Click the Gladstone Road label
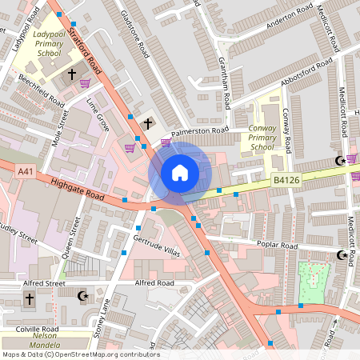[134, 36]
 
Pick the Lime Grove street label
[98, 115]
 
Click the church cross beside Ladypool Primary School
[72, 74]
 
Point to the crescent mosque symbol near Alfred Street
[81, 296]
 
